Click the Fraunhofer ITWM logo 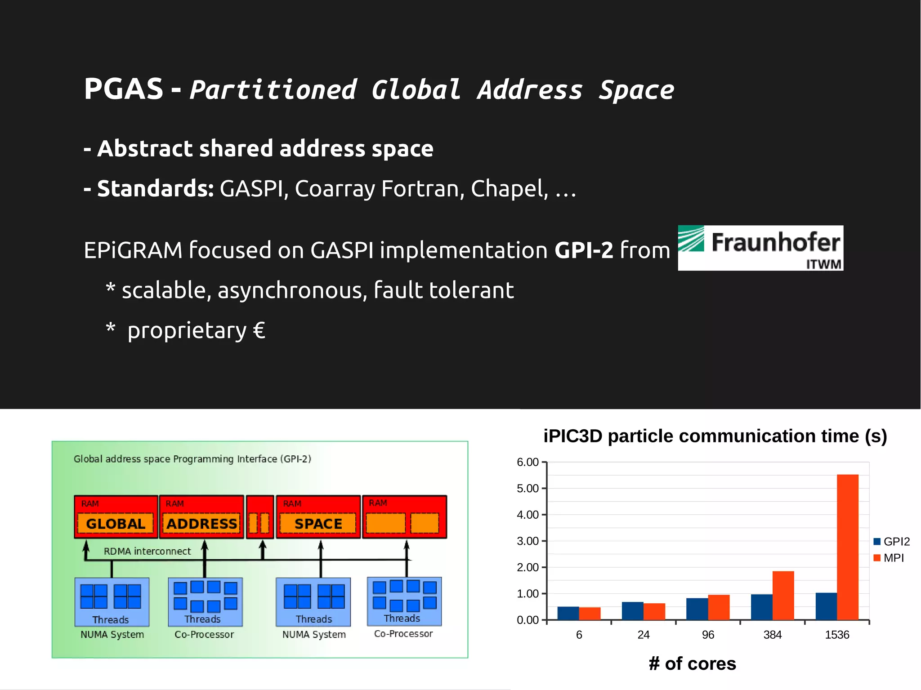(760, 248)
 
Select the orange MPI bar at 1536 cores (847, 547)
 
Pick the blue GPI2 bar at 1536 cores (826, 606)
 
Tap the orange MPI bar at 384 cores (783, 596)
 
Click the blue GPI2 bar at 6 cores (568, 614)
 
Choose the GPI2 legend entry (891, 542)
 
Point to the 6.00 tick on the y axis (528, 462)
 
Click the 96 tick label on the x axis (708, 635)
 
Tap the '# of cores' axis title (692, 663)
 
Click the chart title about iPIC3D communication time (715, 436)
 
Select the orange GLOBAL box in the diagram (116, 524)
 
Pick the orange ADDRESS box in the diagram (201, 524)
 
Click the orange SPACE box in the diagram (318, 524)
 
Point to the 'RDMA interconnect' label (147, 551)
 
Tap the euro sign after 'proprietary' (259, 330)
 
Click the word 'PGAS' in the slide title (124, 89)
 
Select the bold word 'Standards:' (155, 188)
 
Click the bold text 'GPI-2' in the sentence (584, 250)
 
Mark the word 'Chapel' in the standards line (509, 189)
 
